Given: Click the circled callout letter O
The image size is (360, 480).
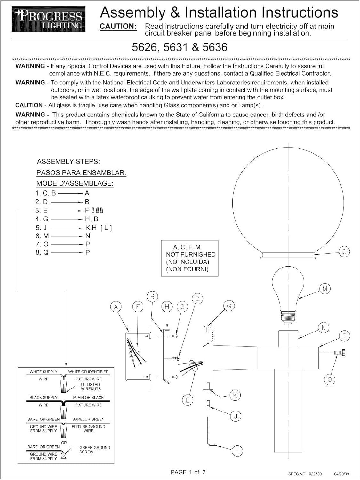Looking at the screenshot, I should pos(344,252).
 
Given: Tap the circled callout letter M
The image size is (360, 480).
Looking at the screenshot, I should pos(325,289).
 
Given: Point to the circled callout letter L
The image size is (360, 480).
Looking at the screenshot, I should pos(237,451).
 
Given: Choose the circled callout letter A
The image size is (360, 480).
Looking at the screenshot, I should pos(116,307).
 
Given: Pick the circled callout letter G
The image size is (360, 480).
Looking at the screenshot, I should pos(229,306).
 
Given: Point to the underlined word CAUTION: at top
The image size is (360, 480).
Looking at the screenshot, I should pos(118,27).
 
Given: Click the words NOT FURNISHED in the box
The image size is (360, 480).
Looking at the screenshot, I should pos(191,254).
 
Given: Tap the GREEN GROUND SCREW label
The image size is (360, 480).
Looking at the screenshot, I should pos(94,450).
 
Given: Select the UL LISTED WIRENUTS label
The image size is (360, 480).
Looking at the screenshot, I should pos(91,387).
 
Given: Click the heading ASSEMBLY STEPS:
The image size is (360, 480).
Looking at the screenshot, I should pos(68,162).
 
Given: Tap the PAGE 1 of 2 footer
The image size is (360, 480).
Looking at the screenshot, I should pos(188,472).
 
